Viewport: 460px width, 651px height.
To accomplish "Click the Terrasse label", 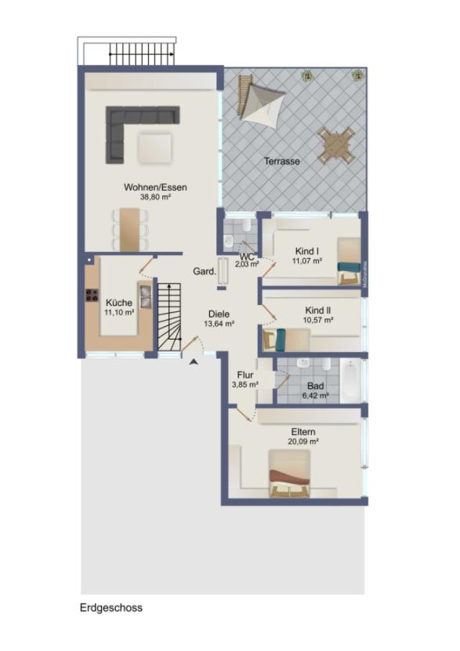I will tap(281, 160).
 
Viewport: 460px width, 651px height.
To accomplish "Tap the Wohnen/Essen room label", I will tap(155, 187).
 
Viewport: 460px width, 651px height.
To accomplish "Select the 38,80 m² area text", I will tap(155, 198).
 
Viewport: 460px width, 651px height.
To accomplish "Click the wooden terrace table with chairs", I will tap(337, 144).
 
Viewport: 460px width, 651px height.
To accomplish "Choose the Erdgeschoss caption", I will tap(110, 607).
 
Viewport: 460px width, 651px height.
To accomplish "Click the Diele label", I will tap(220, 313).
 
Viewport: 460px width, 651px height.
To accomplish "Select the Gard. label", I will tap(205, 271).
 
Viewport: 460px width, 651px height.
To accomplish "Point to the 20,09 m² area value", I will tap(304, 442).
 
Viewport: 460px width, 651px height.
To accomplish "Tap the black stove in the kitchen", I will tap(90, 296).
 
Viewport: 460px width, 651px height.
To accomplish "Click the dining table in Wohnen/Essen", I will tap(130, 228).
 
